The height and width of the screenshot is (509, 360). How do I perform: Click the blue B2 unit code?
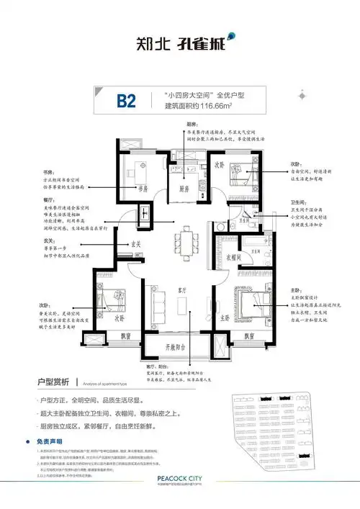tap(126, 101)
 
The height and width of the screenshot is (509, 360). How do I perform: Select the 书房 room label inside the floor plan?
tap(143, 189)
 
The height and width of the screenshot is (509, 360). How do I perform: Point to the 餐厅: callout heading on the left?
tap(49, 200)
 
